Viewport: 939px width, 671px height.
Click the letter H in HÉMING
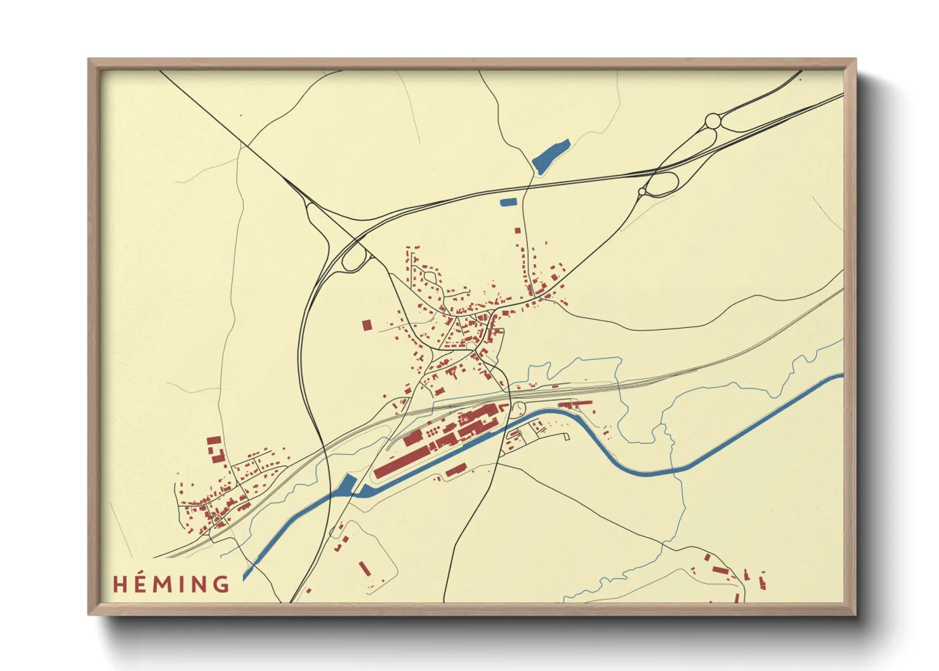tap(121, 583)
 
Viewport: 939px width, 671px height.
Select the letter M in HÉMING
tap(164, 583)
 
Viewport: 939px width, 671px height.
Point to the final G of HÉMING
tap(221, 583)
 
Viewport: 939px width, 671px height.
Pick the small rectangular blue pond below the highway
tap(509, 202)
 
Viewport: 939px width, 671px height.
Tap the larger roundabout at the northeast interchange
tap(713, 120)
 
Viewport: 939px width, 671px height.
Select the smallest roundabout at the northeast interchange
tap(642, 191)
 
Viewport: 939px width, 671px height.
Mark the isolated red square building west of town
tap(367, 325)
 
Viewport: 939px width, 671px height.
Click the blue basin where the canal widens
tap(348, 485)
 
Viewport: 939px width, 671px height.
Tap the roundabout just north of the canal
tap(518, 409)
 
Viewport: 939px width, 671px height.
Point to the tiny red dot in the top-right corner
tap(800, 79)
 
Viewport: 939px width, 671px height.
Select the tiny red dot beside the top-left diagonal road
tap(240, 115)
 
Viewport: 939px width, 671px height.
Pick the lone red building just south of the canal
tap(456, 470)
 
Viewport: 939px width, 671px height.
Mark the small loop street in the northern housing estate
tap(430, 277)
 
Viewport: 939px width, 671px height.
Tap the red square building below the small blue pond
tap(518, 230)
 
